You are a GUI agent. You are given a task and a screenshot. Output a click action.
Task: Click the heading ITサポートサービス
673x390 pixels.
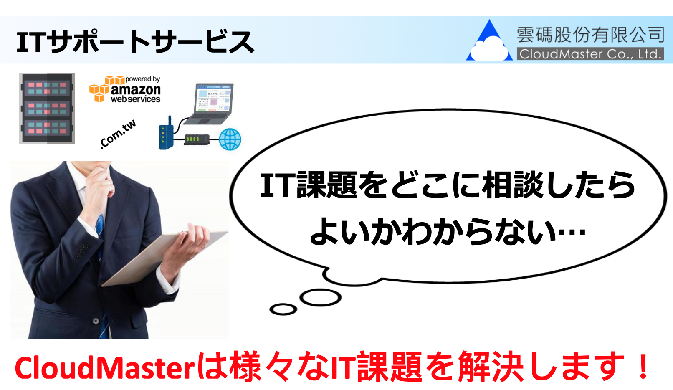[136, 42]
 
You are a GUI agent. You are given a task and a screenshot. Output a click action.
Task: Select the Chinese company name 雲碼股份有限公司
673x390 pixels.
[590, 35]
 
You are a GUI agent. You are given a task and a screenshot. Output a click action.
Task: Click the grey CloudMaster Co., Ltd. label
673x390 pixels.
[590, 54]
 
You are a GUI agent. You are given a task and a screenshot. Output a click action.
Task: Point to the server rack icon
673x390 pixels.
[47, 108]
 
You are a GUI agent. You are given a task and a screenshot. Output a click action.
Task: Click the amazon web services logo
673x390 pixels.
[125, 89]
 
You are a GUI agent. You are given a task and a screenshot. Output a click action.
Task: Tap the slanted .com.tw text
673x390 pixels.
[118, 134]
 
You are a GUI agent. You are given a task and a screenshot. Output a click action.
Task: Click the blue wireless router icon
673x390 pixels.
[166, 133]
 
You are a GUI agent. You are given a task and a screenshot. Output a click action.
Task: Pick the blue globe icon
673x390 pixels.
[230, 139]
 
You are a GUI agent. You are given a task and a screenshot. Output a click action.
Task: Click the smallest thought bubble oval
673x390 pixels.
[283, 309]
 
